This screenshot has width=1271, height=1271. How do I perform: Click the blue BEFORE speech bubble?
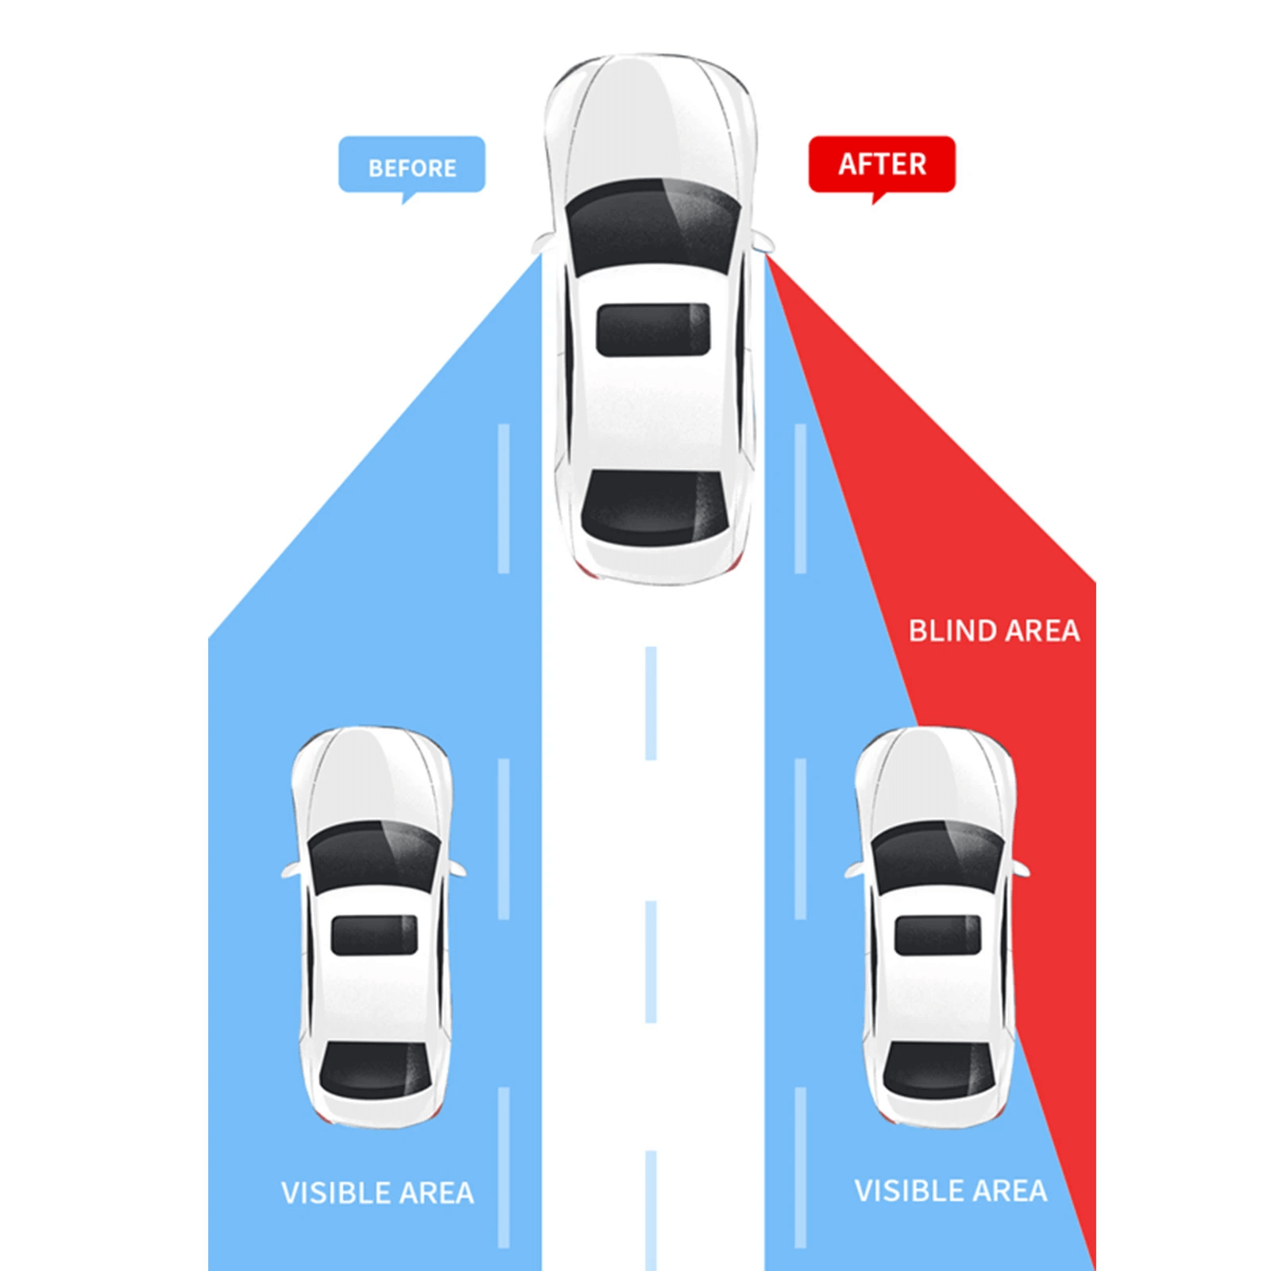click(x=411, y=165)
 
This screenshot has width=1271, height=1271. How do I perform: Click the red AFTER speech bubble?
click(x=882, y=164)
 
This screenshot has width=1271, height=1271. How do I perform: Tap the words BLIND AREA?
click(x=994, y=631)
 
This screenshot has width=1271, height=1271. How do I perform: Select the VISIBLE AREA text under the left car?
click(x=377, y=1192)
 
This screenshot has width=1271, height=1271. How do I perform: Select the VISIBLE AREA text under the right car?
click(x=951, y=1191)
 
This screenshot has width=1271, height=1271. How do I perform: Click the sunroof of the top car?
click(x=653, y=329)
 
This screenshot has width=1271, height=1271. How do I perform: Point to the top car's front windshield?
click(x=653, y=226)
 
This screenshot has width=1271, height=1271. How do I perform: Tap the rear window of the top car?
click(x=655, y=507)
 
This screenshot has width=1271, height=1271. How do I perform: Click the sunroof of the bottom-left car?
click(x=374, y=935)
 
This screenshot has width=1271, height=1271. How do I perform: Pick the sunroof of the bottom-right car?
click(x=938, y=935)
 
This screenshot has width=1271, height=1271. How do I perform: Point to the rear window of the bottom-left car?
click(x=374, y=1071)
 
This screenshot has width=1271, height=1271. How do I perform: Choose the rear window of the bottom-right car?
click(x=939, y=1071)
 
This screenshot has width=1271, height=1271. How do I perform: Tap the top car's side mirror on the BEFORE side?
click(x=543, y=241)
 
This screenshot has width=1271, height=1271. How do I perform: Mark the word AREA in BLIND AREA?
click(x=1042, y=631)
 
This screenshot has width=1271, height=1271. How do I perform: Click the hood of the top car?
click(x=651, y=119)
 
